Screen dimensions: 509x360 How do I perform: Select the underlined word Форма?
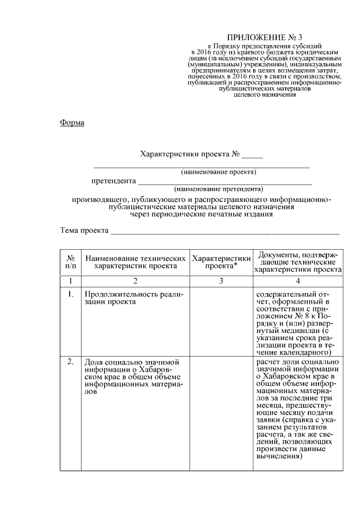[x=72, y=123]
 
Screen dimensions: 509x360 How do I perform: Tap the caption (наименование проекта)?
[x=218, y=171]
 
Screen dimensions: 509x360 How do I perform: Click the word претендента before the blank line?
[x=114, y=181]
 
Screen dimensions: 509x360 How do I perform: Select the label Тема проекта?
[x=84, y=231]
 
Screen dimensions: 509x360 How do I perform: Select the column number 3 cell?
[x=221, y=281]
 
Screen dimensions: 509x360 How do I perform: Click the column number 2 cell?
[x=136, y=281]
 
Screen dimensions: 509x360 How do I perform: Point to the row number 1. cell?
[x=71, y=294]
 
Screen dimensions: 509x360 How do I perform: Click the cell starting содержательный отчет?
[x=297, y=321]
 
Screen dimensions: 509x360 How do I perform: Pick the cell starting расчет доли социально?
[x=297, y=408]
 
